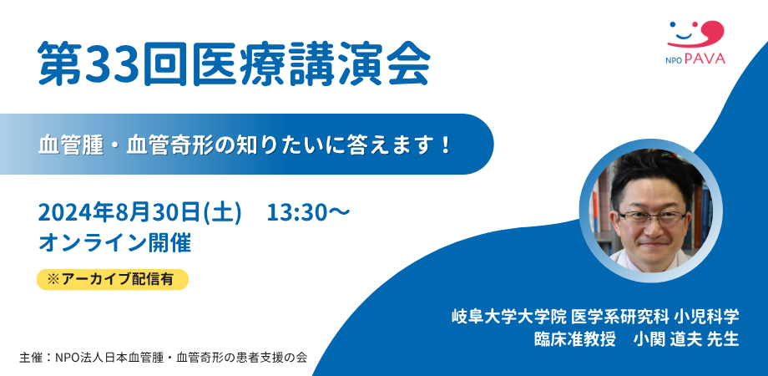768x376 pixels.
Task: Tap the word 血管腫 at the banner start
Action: coord(73,144)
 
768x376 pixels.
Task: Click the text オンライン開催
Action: coord(115,242)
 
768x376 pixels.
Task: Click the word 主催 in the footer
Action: coord(31,357)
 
